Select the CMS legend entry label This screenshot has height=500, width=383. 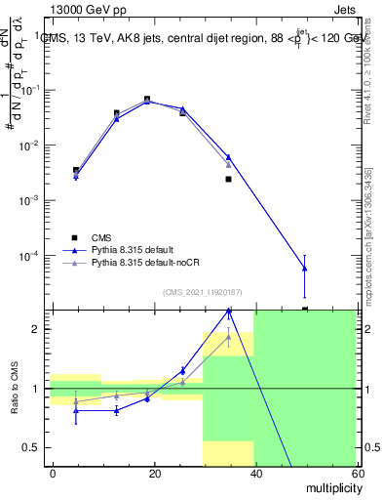[102, 236]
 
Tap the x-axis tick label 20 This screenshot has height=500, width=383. [155, 473]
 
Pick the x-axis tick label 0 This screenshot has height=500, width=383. [54, 473]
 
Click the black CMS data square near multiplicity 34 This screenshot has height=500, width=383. [228, 179]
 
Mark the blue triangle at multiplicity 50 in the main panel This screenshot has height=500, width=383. [305, 268]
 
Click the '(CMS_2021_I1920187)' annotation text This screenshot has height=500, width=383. [203, 292]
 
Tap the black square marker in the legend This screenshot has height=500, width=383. [75, 237]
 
